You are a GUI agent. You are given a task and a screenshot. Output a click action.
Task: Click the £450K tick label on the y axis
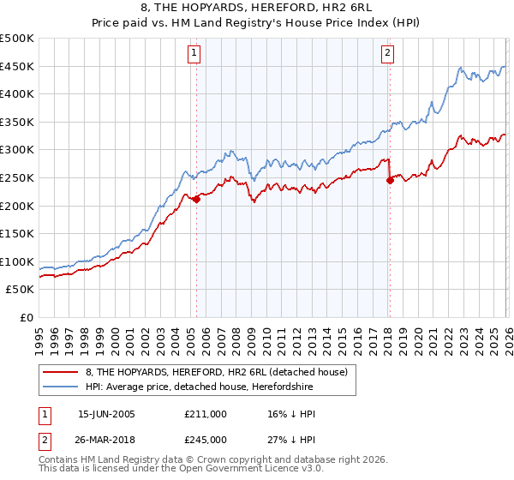tap(17, 66)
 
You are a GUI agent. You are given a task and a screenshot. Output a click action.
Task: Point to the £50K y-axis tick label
tap(21, 290)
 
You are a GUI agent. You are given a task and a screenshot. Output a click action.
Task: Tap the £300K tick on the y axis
tap(17, 150)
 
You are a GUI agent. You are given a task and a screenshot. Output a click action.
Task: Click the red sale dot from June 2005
tap(196, 200)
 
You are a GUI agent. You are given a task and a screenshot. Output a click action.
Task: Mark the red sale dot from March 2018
tap(389, 181)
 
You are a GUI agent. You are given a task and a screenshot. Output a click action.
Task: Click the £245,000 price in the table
tap(205, 441)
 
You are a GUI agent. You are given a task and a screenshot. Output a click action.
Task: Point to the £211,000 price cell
tap(205, 413)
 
